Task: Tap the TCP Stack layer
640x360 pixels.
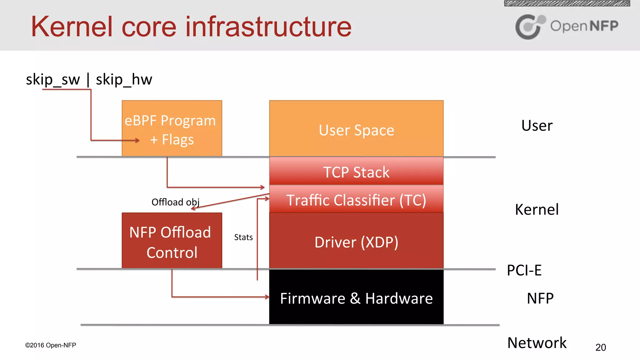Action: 356,172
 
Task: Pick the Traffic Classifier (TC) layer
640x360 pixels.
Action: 356,200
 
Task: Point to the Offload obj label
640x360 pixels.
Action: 175,202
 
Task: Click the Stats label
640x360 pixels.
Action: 243,237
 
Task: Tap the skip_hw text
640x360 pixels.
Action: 124,79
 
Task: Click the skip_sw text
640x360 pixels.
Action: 53,79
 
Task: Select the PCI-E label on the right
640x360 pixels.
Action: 524,270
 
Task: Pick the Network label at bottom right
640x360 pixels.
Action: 537,343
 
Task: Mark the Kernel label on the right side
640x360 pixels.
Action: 537,209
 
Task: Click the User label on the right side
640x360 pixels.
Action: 537,126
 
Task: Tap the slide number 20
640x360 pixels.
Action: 600,347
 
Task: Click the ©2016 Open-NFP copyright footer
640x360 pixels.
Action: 51,345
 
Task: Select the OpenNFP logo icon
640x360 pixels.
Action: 529,27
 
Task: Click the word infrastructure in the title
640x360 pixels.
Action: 268,27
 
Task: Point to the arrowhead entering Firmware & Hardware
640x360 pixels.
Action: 267,297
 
